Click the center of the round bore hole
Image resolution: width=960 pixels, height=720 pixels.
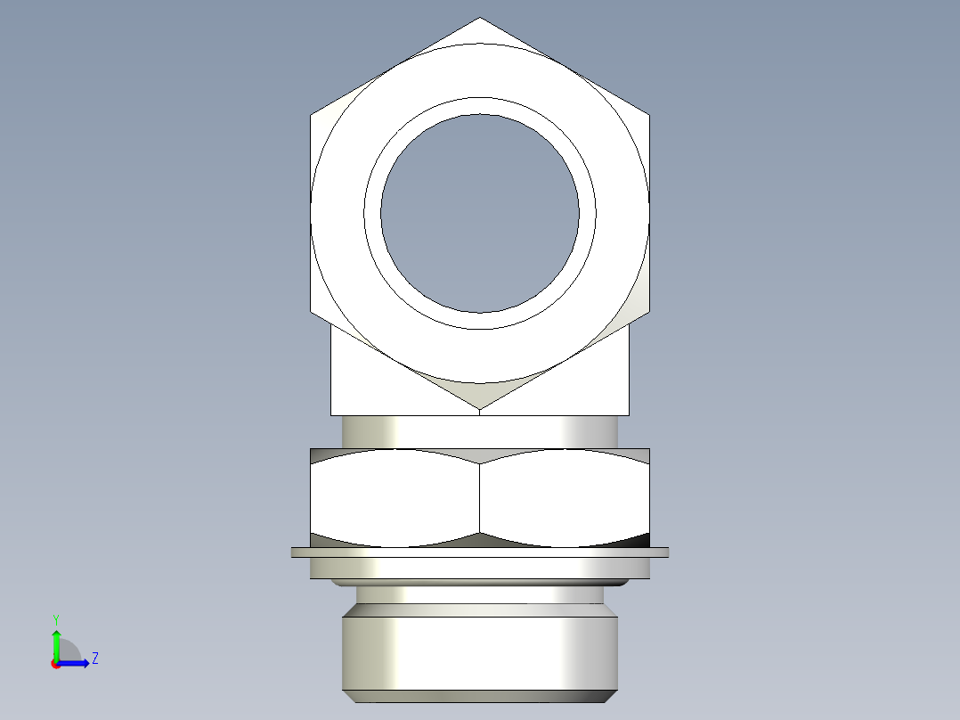(x=480, y=213)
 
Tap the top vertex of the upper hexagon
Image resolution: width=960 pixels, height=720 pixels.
(x=480, y=18)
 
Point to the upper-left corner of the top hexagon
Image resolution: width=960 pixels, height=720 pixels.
(x=311, y=114)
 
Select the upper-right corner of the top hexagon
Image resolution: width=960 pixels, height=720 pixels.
(x=649, y=114)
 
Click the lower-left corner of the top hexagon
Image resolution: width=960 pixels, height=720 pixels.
(x=311, y=312)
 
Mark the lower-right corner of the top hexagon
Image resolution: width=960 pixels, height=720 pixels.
(x=649, y=312)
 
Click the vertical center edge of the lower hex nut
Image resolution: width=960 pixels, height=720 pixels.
(x=480, y=499)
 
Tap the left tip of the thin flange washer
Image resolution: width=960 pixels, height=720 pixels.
(x=293, y=552)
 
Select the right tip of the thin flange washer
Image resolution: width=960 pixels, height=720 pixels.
(x=667, y=552)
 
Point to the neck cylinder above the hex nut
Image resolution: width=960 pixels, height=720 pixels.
(x=480, y=431)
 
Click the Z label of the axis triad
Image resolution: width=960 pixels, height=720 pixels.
(x=94, y=659)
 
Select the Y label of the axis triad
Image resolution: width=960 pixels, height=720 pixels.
(x=55, y=618)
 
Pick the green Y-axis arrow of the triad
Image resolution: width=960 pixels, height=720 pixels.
(x=55, y=643)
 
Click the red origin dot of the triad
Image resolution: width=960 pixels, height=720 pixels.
(x=55, y=664)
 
